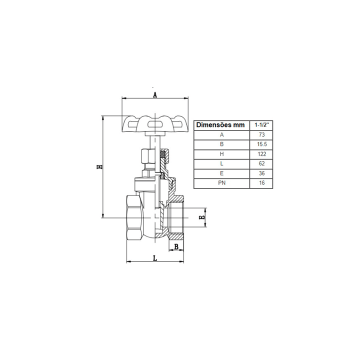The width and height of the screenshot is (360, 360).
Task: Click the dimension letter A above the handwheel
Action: (155, 95)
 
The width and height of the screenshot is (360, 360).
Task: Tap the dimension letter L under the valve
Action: (155, 258)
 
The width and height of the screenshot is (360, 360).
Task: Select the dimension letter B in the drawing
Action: (176, 247)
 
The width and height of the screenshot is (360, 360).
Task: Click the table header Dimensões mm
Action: (220, 125)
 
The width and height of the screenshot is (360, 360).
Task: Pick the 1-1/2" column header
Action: (261, 125)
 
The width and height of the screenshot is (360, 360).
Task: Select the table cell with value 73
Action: (261, 135)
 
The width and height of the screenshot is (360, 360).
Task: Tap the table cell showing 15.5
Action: (261, 144)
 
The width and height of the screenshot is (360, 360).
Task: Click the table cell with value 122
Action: (261, 154)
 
